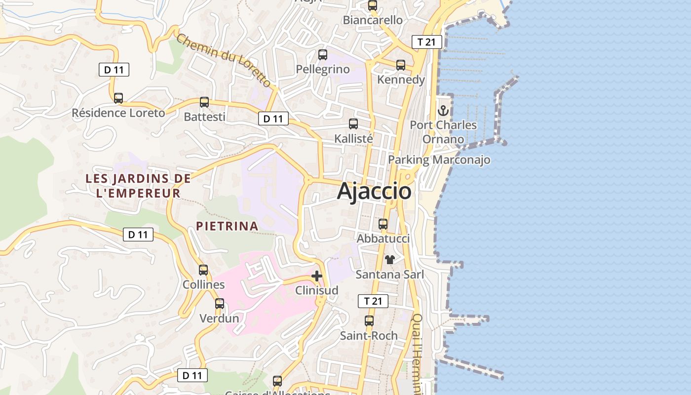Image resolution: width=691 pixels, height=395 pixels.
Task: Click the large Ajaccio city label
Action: [x=374, y=191]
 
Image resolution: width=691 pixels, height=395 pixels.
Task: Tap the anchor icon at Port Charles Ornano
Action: [x=443, y=111]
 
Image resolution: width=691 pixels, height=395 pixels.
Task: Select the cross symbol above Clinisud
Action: [x=317, y=276]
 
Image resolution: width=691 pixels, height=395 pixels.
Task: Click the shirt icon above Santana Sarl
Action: [x=390, y=259]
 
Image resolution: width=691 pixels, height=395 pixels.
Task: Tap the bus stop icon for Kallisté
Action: [x=353, y=124]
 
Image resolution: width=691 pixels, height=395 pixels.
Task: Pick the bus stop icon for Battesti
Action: [x=204, y=102]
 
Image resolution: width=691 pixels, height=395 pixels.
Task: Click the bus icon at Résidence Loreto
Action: [x=118, y=98]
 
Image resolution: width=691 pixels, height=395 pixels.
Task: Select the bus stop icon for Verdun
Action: [x=220, y=304]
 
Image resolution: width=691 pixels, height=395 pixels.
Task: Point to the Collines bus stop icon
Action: [x=203, y=270]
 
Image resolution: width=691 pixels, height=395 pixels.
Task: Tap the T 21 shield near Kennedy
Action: [x=426, y=42]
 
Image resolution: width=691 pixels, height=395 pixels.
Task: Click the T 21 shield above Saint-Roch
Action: [x=373, y=301]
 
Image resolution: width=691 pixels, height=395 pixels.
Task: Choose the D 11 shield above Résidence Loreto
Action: [x=114, y=70]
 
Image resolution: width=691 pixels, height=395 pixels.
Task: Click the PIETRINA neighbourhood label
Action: [x=227, y=226]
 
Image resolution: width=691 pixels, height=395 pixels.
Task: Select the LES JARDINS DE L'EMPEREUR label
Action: [x=138, y=186]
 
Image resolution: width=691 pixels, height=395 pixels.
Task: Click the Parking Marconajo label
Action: [x=439, y=159]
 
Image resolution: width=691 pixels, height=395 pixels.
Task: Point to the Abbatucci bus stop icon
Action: [x=383, y=224]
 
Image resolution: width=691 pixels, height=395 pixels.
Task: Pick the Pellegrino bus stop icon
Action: [x=323, y=55]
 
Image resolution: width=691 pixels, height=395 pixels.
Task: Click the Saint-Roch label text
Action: [x=369, y=336]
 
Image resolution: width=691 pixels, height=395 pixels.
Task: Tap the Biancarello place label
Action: [x=373, y=20]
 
